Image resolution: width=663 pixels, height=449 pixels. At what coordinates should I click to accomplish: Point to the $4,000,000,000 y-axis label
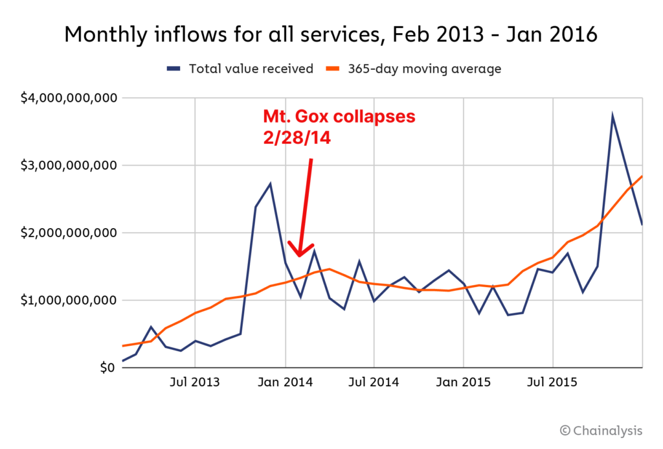coord(68,98)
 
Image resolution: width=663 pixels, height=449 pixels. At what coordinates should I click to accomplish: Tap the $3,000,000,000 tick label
coord(68,165)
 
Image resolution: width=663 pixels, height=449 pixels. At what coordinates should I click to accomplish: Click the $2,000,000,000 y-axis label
coord(68,233)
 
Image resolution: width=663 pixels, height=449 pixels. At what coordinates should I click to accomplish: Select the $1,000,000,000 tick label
coord(68,300)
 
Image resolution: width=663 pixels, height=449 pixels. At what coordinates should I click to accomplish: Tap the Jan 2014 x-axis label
coord(286,382)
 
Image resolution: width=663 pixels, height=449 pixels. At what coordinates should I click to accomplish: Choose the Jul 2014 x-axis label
coord(374,382)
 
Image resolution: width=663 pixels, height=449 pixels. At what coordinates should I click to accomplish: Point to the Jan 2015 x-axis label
coord(464,382)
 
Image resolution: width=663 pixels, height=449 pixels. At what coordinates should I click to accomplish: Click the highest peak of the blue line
coord(612,117)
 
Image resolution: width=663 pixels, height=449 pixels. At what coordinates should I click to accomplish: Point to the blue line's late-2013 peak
coord(270,184)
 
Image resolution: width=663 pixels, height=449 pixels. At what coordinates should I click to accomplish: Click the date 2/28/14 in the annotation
coord(296,137)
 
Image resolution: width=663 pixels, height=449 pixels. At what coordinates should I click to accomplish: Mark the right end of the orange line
coord(642,176)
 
